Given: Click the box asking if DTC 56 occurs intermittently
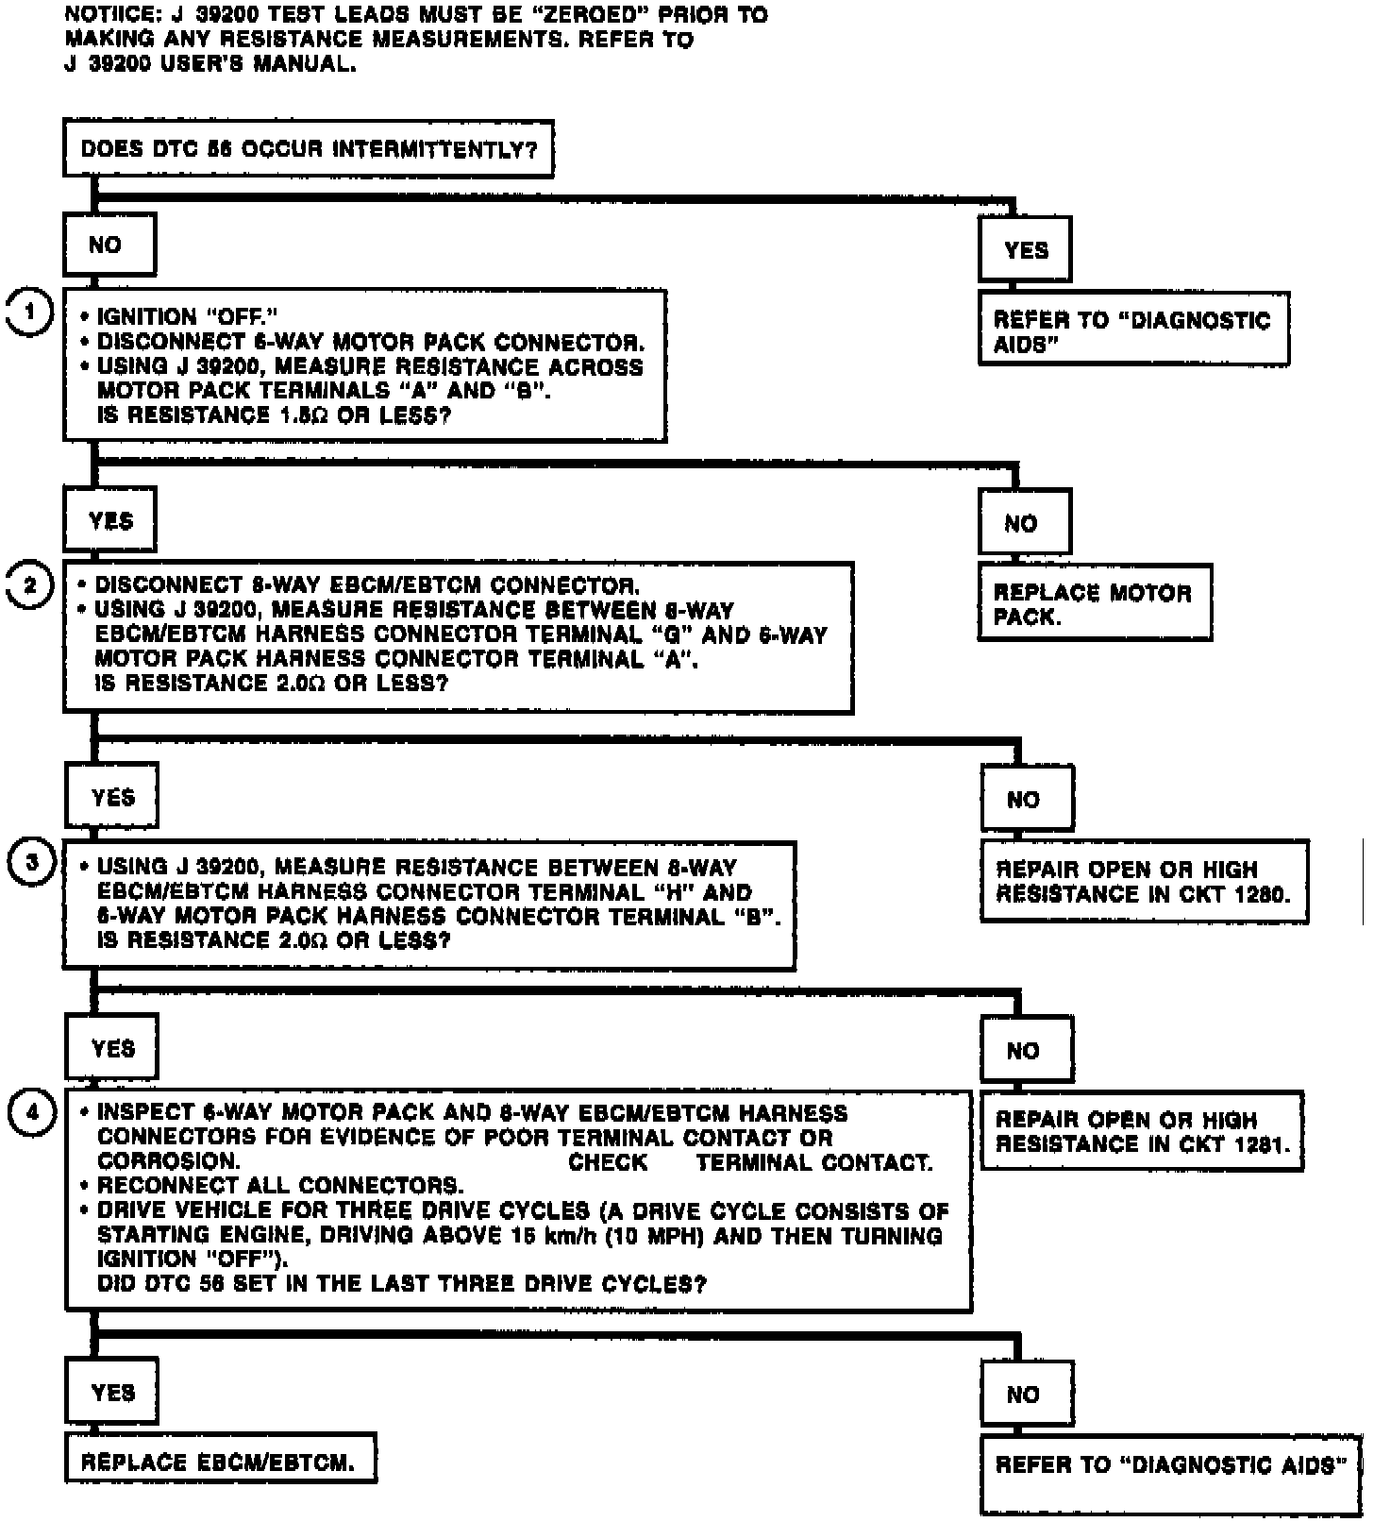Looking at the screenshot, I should pyautogui.click(x=308, y=148).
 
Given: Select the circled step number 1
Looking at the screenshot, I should pyautogui.click(x=30, y=313).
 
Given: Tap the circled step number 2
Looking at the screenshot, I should pyautogui.click(x=30, y=585).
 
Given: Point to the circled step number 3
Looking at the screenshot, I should pyautogui.click(x=32, y=862).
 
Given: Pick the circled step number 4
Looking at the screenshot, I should pyautogui.click(x=32, y=1112).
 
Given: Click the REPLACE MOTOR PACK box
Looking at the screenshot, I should pyautogui.click(x=1094, y=604).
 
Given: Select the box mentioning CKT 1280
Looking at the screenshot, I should pyautogui.click(x=1144, y=882).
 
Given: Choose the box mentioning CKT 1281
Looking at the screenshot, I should pyautogui.click(x=1141, y=1132).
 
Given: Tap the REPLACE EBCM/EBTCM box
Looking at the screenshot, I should pyautogui.click(x=219, y=1463).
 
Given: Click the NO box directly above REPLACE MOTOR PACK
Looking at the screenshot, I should pyautogui.click(x=1023, y=523).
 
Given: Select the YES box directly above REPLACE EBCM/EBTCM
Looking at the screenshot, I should pyautogui.click(x=112, y=1393).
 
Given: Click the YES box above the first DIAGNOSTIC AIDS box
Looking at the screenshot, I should pyautogui.click(x=1025, y=250).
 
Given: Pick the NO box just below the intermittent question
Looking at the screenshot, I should pyautogui.click(x=107, y=245).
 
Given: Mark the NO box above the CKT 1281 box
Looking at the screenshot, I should pyautogui.click(x=1025, y=1050).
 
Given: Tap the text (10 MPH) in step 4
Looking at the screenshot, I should pyautogui.click(x=667, y=1235).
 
